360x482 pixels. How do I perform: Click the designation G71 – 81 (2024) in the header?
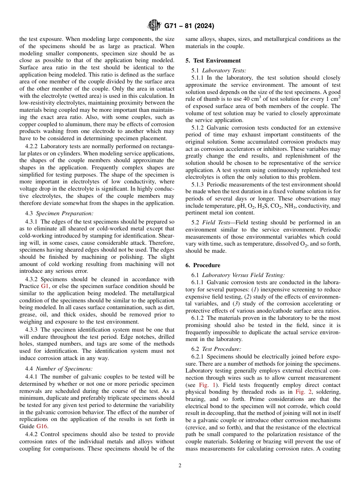point(189,26)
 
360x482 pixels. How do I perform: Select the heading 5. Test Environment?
point(213,61)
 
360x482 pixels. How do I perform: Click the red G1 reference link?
point(45,286)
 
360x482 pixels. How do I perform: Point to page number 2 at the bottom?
point(180,466)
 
